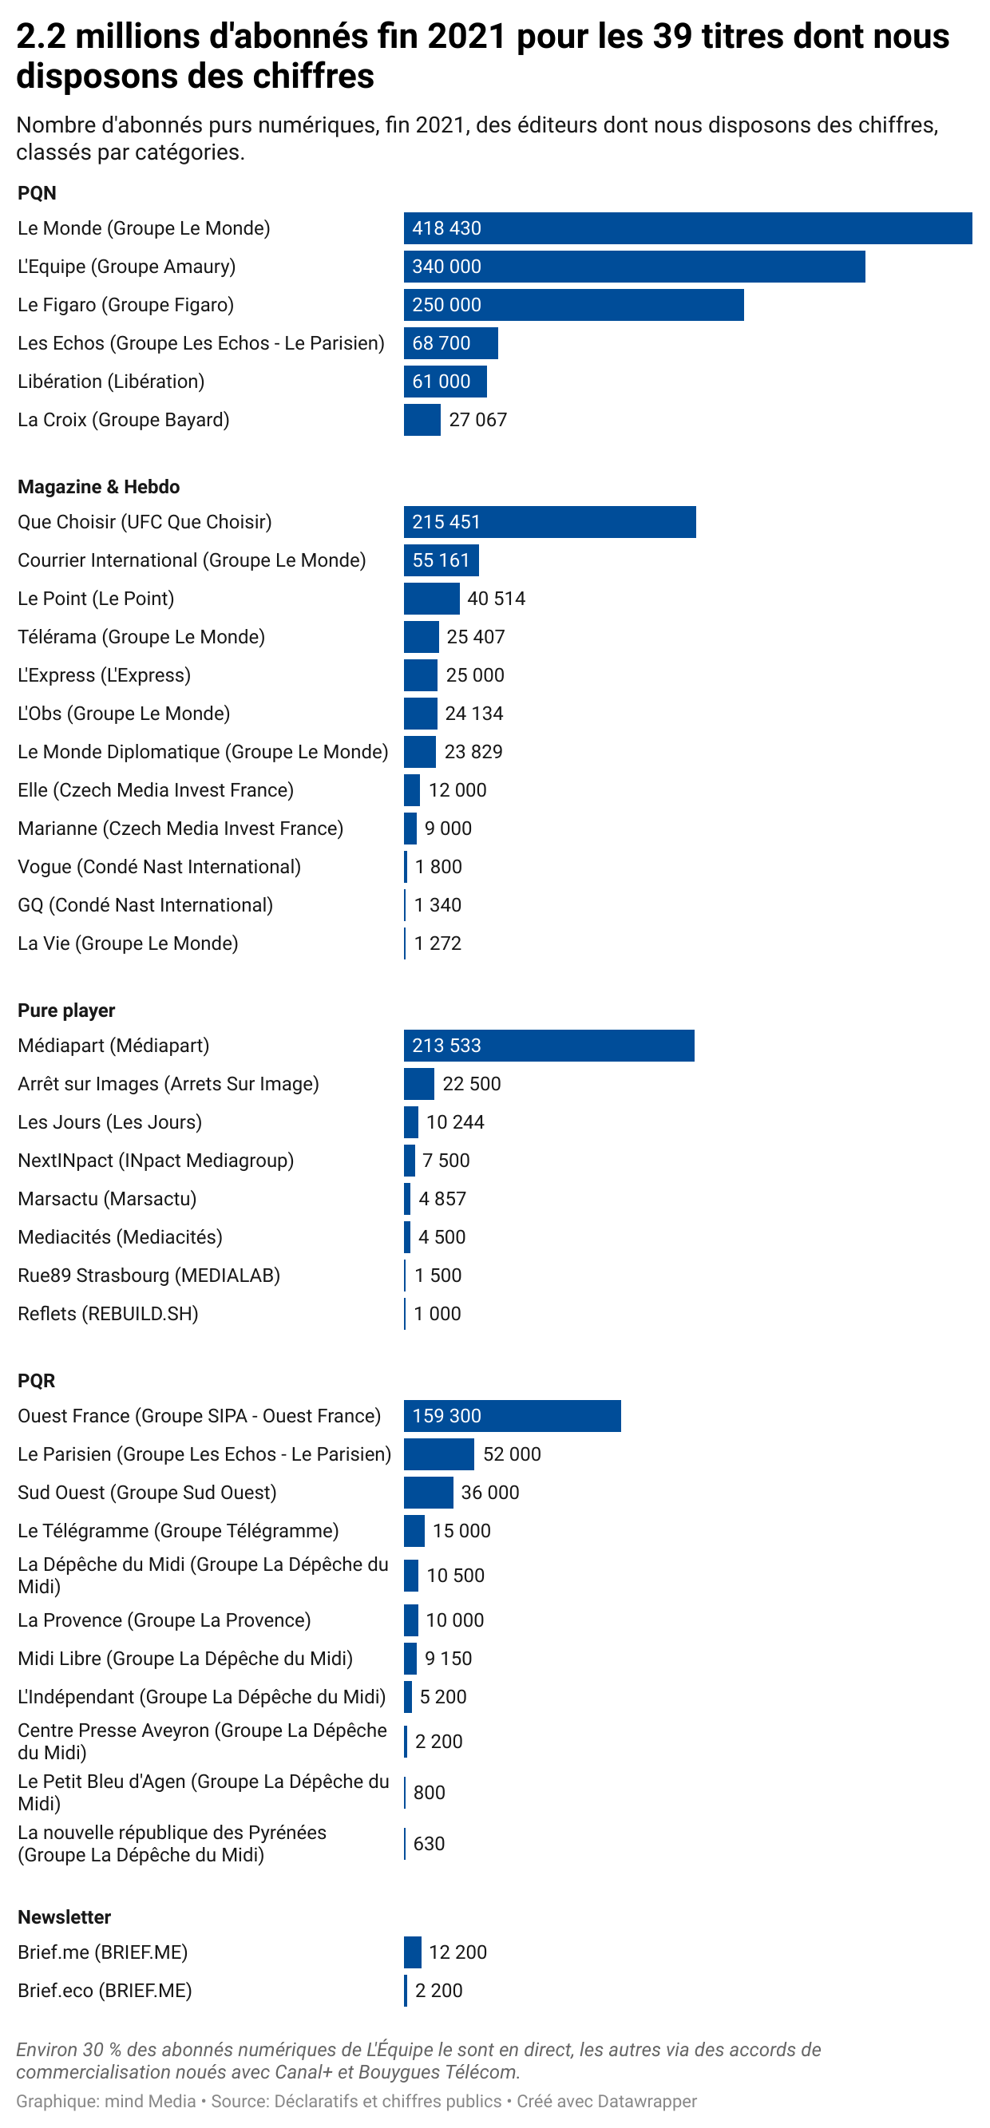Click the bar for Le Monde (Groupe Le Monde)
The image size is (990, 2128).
(687, 228)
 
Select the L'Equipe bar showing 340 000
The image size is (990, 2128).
(634, 267)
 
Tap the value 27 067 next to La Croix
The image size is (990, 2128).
(477, 421)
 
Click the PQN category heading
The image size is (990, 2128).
(38, 193)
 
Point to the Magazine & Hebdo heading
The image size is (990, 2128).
(98, 488)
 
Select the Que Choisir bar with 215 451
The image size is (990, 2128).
(549, 522)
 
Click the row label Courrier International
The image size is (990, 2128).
(191, 561)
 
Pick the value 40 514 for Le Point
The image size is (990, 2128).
(496, 599)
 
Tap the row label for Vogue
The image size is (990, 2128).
(159, 868)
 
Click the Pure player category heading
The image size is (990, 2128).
(66, 1011)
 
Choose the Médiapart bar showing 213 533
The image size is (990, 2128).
(548, 1046)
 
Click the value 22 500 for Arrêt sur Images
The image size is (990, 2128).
(471, 1084)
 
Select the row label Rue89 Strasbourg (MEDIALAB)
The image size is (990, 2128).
(148, 1276)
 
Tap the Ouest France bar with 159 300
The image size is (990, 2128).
(513, 1416)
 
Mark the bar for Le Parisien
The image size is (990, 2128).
(439, 1454)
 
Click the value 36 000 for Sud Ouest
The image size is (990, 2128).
(490, 1493)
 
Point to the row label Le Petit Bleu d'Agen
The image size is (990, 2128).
(203, 1793)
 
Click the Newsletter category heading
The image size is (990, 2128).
(64, 1917)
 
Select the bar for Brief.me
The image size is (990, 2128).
(412, 1952)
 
